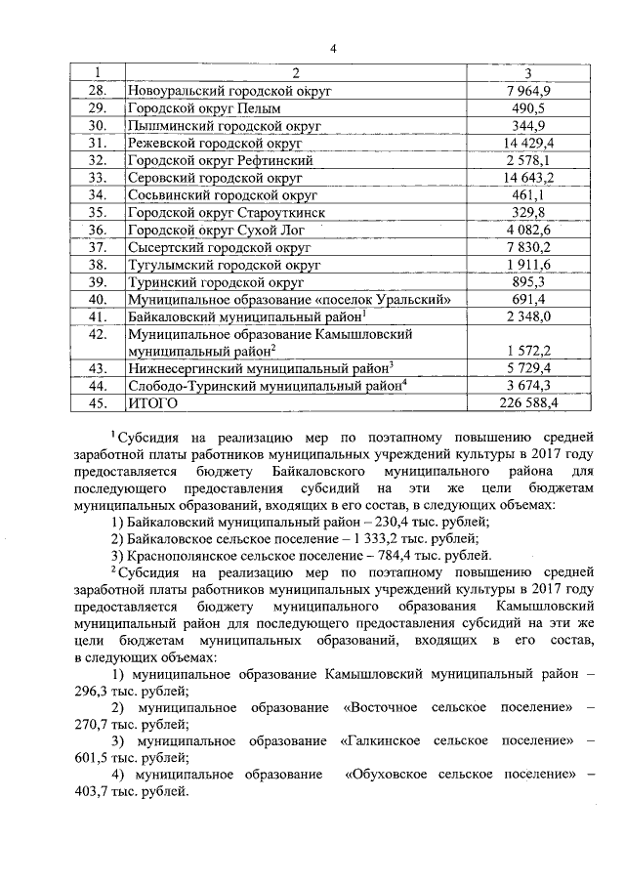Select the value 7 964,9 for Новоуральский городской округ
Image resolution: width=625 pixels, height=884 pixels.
[528, 91]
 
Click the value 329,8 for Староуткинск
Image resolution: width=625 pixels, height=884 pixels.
[528, 213]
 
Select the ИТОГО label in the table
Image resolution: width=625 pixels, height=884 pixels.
[152, 401]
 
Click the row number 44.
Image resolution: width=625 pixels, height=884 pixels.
[97, 385]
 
